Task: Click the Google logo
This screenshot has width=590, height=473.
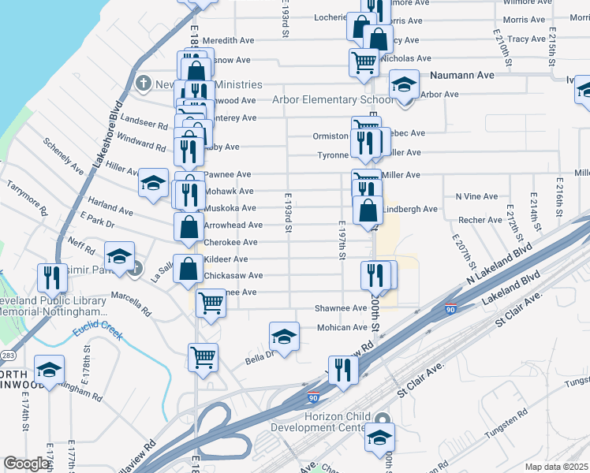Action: [26, 464]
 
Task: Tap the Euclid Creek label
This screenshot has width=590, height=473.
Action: [99, 333]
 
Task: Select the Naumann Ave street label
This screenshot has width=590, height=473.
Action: [462, 76]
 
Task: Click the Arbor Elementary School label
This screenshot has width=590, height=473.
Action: [332, 100]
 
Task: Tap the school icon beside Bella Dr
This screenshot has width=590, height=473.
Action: [284, 337]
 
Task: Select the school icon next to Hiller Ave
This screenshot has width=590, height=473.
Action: [153, 184]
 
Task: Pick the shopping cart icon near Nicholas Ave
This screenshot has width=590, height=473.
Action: [364, 61]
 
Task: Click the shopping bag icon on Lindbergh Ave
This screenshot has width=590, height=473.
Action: [368, 210]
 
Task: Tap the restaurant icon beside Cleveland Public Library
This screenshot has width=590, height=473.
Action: [48, 277]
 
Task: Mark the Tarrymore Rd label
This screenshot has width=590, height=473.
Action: [27, 200]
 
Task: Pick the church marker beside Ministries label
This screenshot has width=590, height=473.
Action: [143, 83]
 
